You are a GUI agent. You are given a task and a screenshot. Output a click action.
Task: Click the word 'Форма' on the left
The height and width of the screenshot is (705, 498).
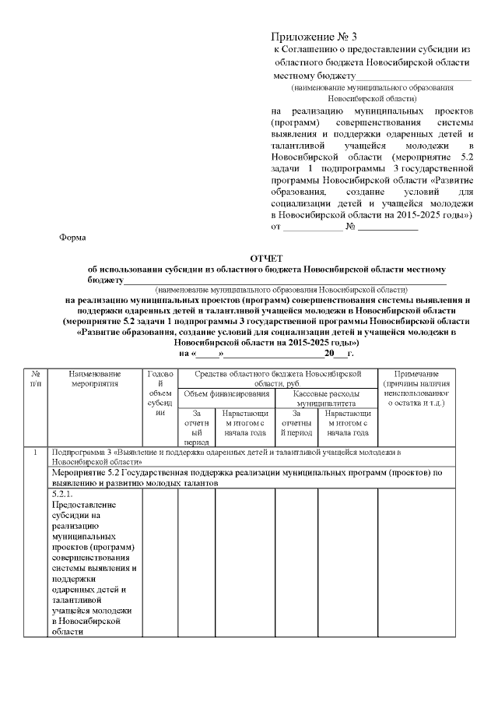tap(73, 237)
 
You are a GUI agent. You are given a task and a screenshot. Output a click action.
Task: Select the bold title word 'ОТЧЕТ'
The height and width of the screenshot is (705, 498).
tap(267, 257)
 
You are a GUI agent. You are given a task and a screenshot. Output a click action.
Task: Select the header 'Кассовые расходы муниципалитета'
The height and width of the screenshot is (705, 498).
tap(327, 399)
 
